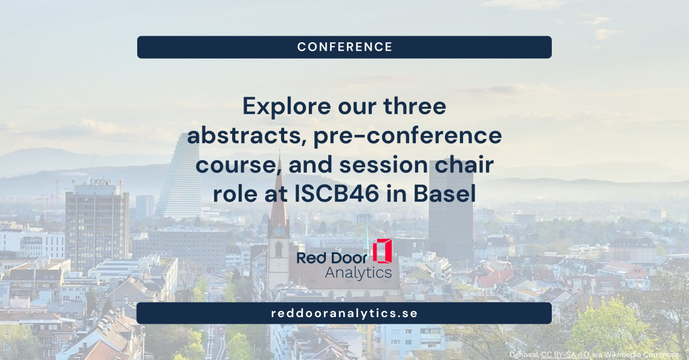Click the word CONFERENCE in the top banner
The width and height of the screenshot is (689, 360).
pos(344,47)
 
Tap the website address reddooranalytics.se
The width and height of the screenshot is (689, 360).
pos(344,313)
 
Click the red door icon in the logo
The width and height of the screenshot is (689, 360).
pos(382,251)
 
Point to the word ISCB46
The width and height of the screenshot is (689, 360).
pos(337,194)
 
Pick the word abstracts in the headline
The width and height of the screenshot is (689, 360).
pos(247,136)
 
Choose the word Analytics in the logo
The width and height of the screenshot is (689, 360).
pos(358,272)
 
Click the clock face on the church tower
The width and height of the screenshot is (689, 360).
pos(277,231)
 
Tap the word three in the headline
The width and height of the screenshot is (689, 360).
pos(415,107)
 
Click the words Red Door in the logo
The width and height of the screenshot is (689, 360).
pos(332,258)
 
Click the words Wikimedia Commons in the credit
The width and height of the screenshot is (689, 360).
pos(641,355)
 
